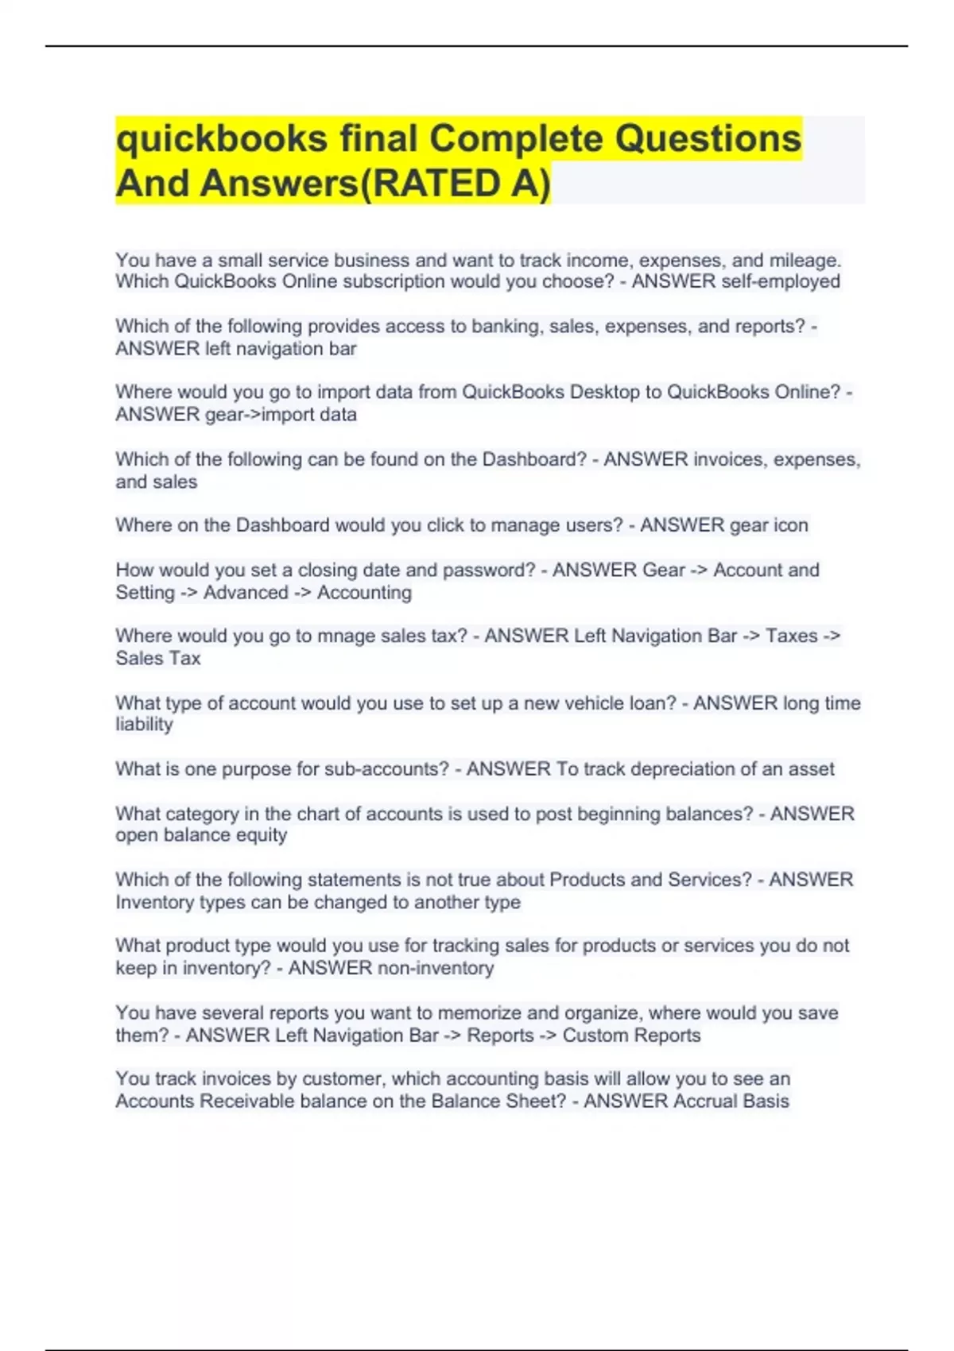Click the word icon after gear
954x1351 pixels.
790,525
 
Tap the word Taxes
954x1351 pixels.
791,636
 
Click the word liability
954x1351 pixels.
144,725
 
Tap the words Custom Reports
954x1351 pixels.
631,1036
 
